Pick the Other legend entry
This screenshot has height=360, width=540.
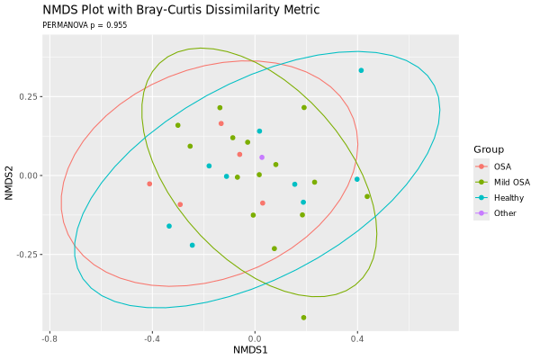(505, 212)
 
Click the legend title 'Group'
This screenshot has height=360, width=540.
(490, 149)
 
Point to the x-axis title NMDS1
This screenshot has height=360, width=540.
(253, 349)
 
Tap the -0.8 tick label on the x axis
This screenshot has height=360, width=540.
(49, 337)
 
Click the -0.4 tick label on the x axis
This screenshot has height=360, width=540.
(152, 337)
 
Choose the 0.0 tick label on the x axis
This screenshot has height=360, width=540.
(255, 337)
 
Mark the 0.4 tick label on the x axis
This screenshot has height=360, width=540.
(357, 337)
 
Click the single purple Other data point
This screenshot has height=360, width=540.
(262, 157)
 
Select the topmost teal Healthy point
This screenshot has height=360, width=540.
(361, 70)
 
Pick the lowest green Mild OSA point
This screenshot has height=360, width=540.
(303, 318)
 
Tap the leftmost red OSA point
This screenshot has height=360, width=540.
(149, 184)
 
